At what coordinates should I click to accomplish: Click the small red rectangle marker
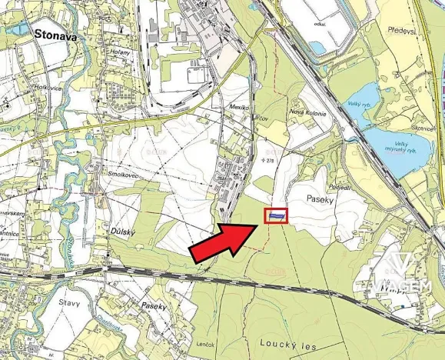[x=277, y=216]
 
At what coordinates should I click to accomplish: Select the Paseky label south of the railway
[x=154, y=305]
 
